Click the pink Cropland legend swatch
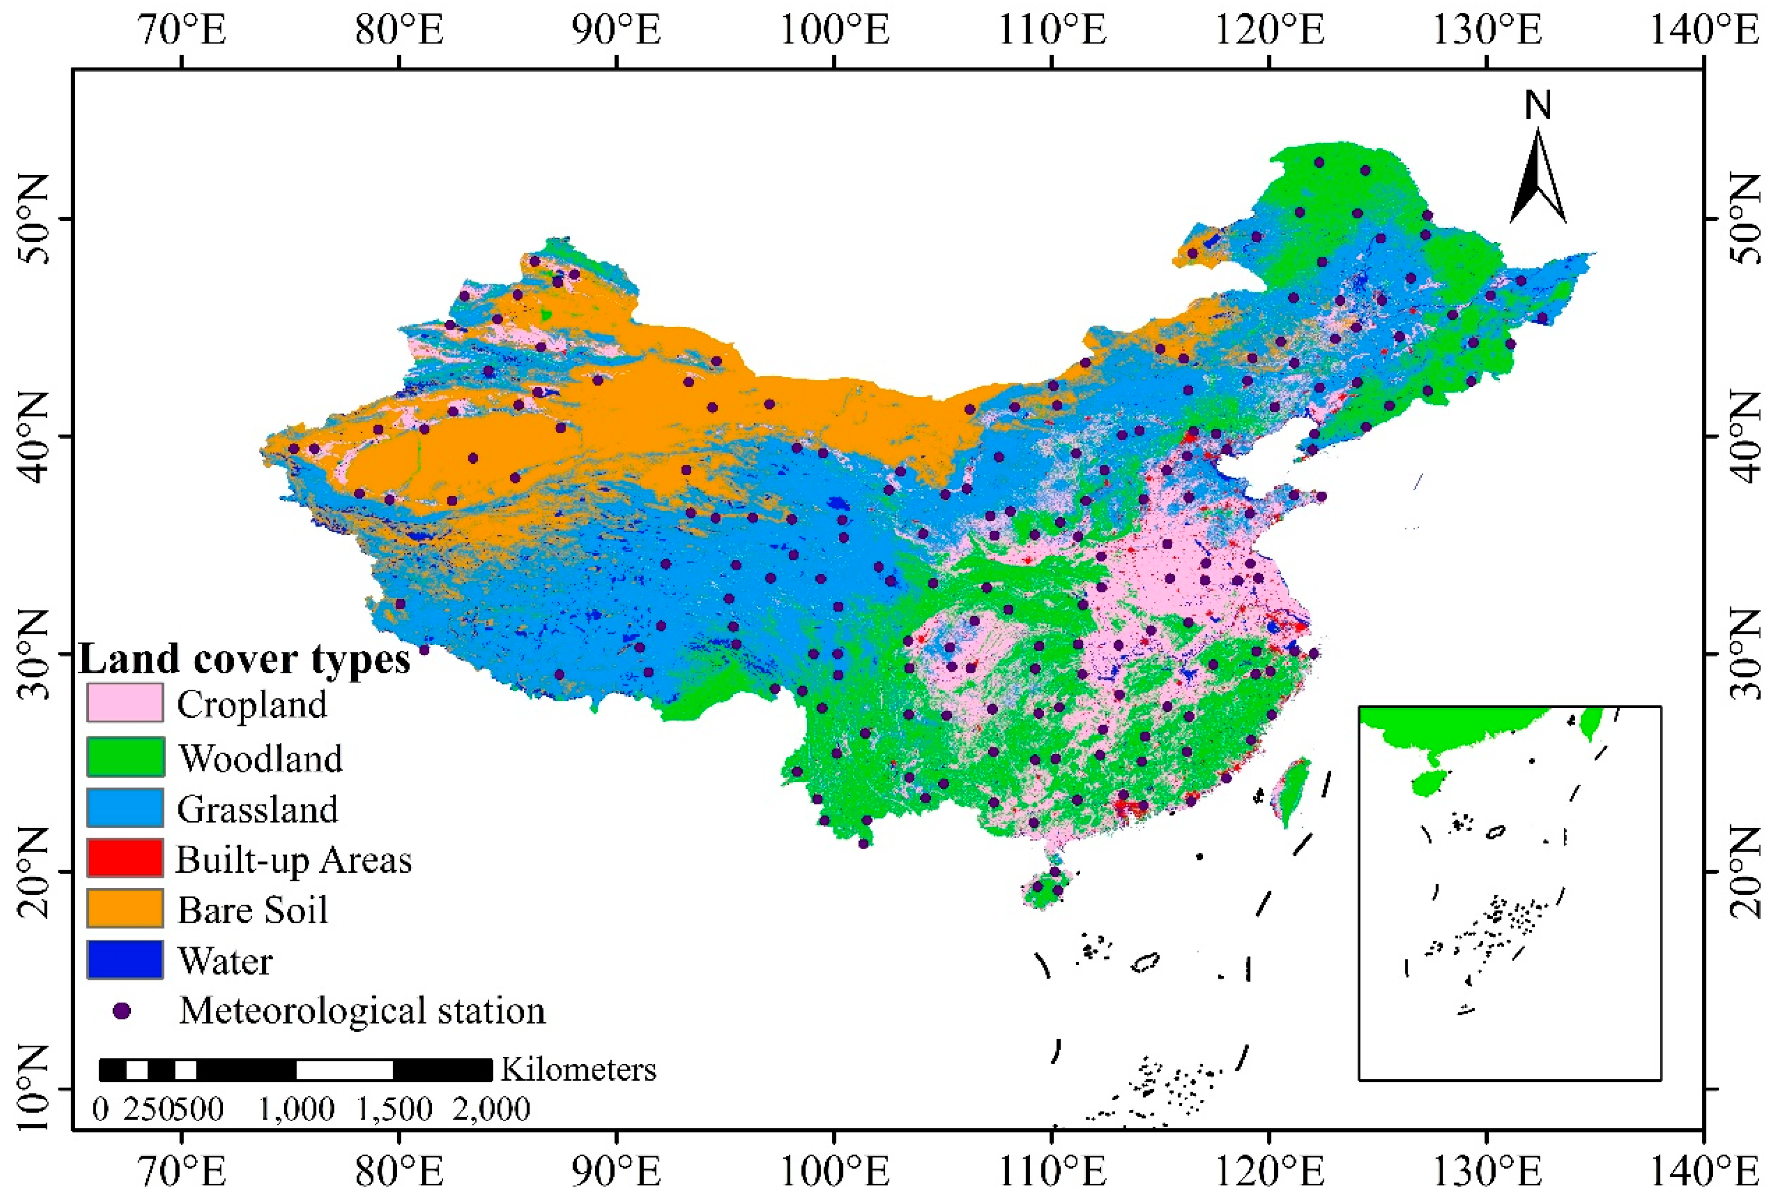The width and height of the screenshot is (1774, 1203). pos(124,702)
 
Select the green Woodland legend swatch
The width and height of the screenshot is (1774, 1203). pos(124,757)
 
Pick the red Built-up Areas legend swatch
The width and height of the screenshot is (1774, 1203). pos(124,858)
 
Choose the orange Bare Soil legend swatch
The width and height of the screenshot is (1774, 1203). pos(124,909)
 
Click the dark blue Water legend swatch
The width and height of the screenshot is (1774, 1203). pos(124,960)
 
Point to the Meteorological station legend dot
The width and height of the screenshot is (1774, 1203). pos(122,1011)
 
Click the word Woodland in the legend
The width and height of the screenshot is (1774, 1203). pos(260,758)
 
